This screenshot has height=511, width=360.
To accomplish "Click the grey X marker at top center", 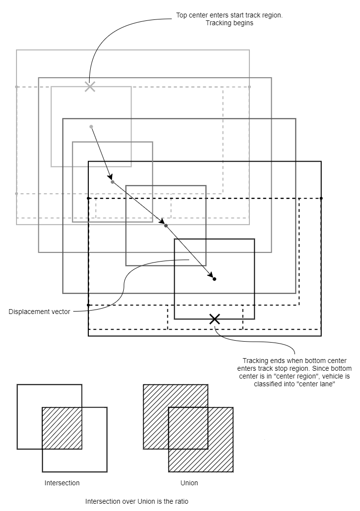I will click(90, 87).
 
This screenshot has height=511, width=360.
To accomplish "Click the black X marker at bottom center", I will click(214, 319).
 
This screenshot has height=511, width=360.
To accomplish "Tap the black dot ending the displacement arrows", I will click(214, 279).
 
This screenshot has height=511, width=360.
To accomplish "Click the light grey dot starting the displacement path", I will click(91, 127).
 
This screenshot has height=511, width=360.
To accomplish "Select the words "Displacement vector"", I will click(39, 312).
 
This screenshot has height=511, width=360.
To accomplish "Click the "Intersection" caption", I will click(62, 483).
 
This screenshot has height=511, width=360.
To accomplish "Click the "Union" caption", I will click(189, 483).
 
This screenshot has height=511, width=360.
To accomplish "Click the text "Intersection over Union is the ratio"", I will click(137, 501).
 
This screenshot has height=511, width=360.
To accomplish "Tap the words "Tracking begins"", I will click(229, 23).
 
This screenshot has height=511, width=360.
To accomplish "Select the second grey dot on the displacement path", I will click(113, 182).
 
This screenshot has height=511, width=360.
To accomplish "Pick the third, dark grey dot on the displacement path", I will click(166, 226).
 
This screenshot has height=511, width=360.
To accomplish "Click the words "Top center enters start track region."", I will click(229, 16).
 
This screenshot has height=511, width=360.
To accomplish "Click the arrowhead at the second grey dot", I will click(110, 178).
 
